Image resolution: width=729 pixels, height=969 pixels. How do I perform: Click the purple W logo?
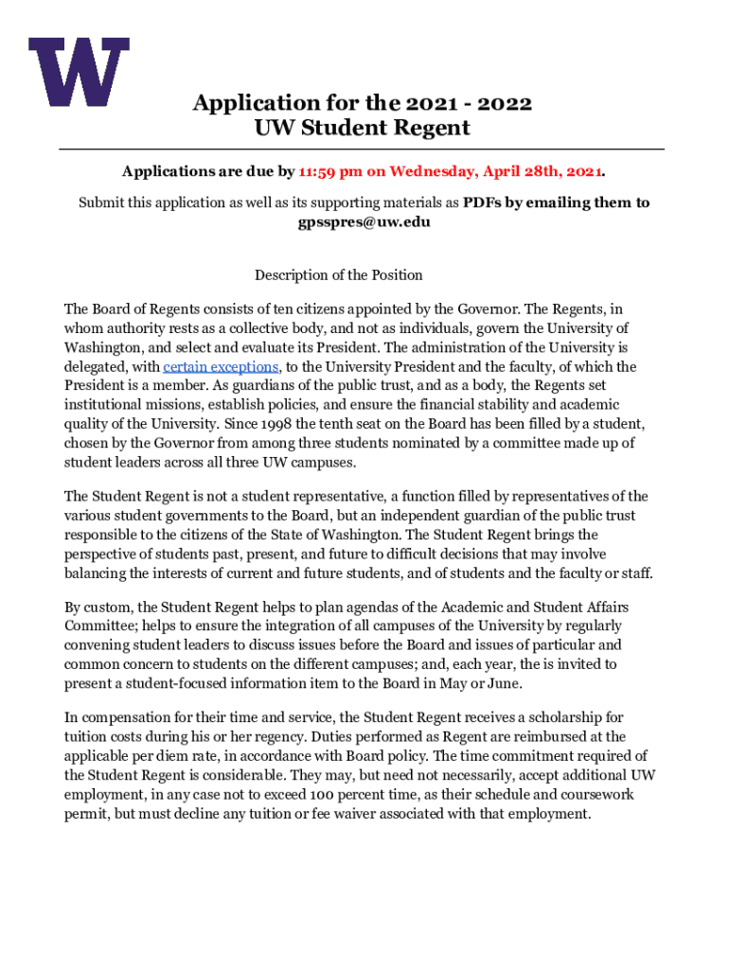[79, 72]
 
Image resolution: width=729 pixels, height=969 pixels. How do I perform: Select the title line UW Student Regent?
[363, 128]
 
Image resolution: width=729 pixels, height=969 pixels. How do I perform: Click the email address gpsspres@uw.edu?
[364, 221]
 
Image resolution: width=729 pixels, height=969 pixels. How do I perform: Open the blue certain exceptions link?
[222, 367]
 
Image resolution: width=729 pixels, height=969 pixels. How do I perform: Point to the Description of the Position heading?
[338, 275]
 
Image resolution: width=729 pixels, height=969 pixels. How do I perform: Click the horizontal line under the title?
[363, 150]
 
